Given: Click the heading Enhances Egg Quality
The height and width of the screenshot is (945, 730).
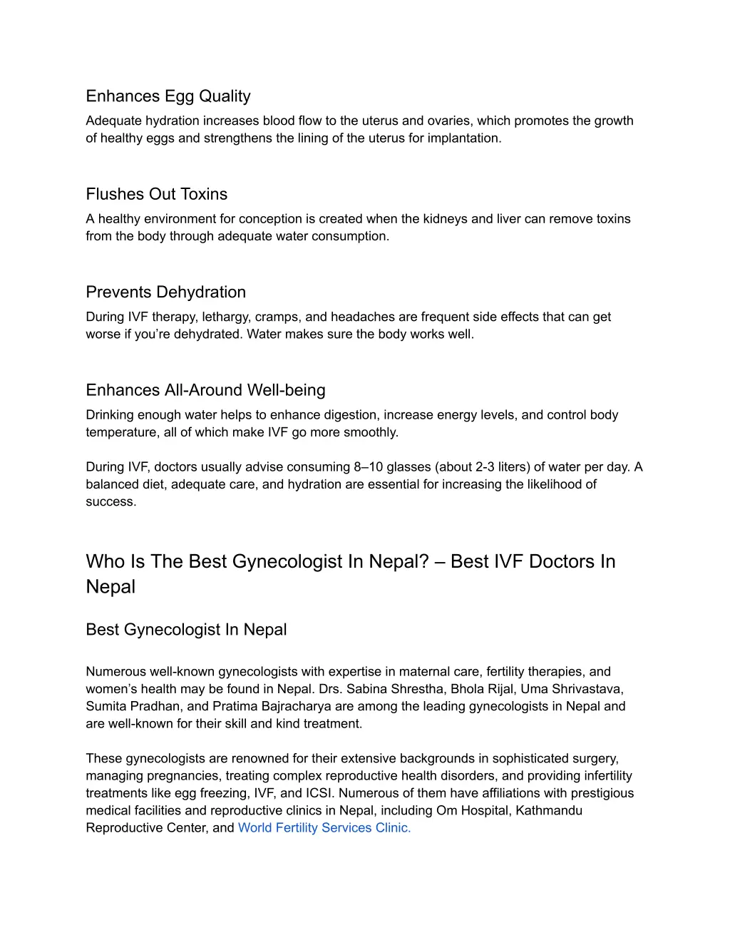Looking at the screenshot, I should pos(168,96).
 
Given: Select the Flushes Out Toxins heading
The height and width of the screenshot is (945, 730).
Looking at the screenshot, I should pos(157,194).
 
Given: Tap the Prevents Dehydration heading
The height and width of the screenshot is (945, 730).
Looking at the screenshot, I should pos(165,292).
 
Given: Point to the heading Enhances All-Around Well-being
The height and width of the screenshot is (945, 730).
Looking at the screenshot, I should pos(205,390).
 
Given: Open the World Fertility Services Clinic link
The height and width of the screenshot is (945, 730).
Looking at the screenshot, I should pos(324,827).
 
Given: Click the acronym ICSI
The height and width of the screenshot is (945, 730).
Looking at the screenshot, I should pos(319,793).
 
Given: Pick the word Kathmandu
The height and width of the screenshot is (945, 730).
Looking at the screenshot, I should pos(549,810).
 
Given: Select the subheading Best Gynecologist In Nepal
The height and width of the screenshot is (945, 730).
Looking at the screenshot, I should pos(186,630).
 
